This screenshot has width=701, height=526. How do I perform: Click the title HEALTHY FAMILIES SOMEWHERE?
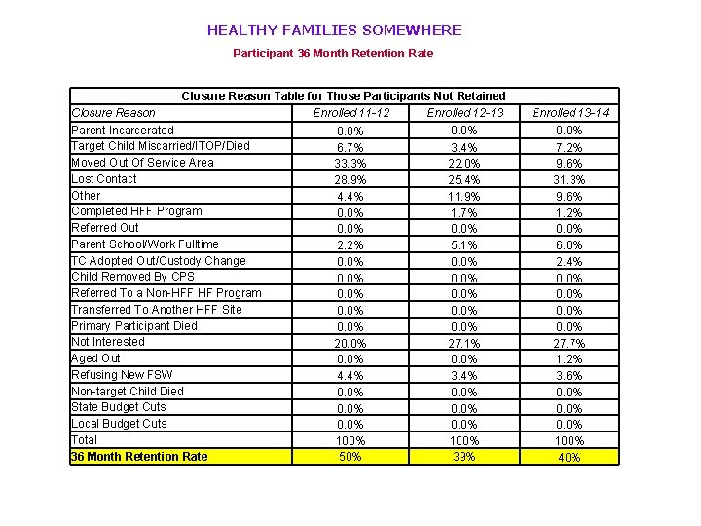pos(334,30)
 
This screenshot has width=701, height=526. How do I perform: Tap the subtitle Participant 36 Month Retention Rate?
pos(333,54)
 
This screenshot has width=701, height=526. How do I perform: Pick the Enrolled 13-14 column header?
pos(571,113)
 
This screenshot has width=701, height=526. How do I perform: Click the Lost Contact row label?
pos(104,179)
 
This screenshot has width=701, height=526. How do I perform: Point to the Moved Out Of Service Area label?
pos(142,163)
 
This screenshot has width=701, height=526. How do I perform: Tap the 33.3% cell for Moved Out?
pos(350,164)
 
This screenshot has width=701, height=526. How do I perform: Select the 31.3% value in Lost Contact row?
pos(571,180)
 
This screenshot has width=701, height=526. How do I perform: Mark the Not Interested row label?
pos(108,342)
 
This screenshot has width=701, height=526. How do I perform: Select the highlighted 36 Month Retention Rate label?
pos(140,457)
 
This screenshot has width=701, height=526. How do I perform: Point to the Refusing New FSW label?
pos(122,375)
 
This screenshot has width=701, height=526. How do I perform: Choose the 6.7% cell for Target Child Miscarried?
pos(350,147)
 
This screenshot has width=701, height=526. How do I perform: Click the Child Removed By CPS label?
pos(133,277)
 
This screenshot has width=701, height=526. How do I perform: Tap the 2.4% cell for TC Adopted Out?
pos(571,262)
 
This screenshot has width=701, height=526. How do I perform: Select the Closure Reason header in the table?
pos(113,113)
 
